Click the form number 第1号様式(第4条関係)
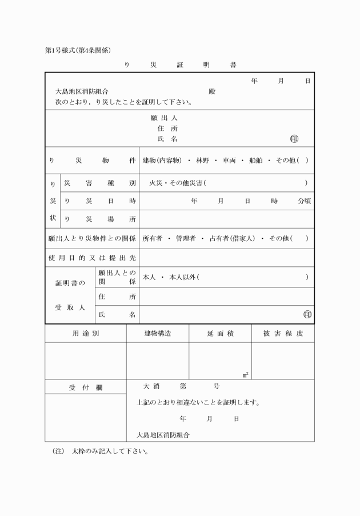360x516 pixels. pos(81,50)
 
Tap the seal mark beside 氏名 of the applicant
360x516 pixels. pos(294,139)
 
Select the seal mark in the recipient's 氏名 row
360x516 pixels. pos(308,314)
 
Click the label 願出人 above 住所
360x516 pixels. pos(163,118)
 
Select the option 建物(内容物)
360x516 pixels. pos(162,161)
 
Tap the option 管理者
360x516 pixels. pos(186,238)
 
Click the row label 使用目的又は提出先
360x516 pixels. pos(92,258)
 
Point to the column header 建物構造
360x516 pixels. pos(157,333)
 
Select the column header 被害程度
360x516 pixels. pos(283,333)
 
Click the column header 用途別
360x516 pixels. pos(86,333)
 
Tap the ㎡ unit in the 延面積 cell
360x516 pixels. pos(245,375)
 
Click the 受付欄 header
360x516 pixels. pos(86,387)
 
